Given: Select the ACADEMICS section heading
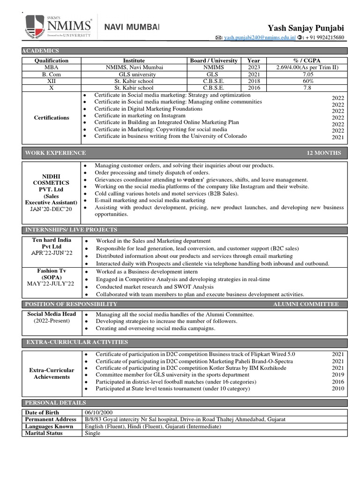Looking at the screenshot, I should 42,51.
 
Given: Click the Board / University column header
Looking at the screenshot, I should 214,60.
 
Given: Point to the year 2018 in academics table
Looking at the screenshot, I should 254,81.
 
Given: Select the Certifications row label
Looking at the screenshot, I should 52,118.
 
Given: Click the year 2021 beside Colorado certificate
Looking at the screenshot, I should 337,137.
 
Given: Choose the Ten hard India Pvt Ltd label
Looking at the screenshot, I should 52,243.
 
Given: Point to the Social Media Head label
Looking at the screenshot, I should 52,314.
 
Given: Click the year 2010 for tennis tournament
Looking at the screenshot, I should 337,389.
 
